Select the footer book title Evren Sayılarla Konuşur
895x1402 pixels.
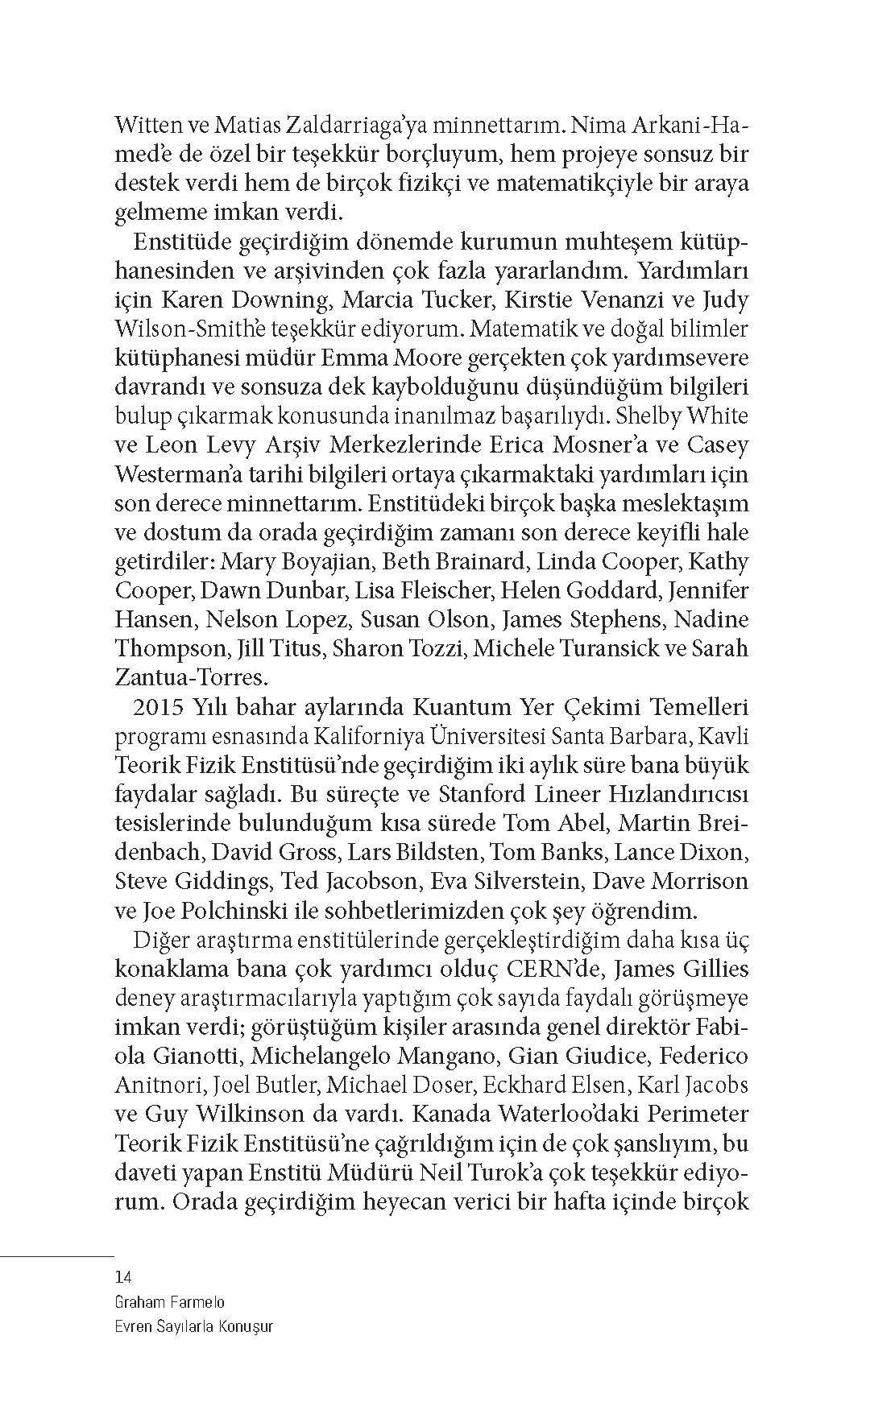(x=194, y=1326)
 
